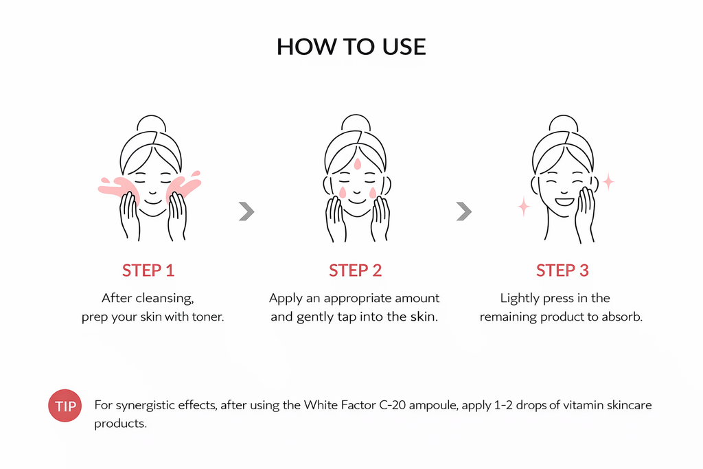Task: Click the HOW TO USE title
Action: click(x=351, y=47)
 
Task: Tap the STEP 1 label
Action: click(x=148, y=271)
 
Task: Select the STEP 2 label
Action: click(x=355, y=271)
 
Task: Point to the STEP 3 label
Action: click(x=562, y=271)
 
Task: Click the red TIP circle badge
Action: click(x=65, y=406)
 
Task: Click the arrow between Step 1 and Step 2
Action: click(x=246, y=211)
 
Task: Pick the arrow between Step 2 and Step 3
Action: click(x=464, y=211)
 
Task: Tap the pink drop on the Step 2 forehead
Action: click(x=357, y=163)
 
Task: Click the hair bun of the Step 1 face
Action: click(x=152, y=123)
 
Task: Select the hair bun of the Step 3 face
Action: click(x=564, y=123)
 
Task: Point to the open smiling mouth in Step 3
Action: click(x=564, y=201)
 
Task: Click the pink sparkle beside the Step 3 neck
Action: click(x=524, y=206)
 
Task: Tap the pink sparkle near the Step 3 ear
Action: click(x=608, y=181)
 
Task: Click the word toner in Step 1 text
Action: click(x=208, y=317)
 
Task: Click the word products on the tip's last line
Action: click(x=120, y=424)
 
